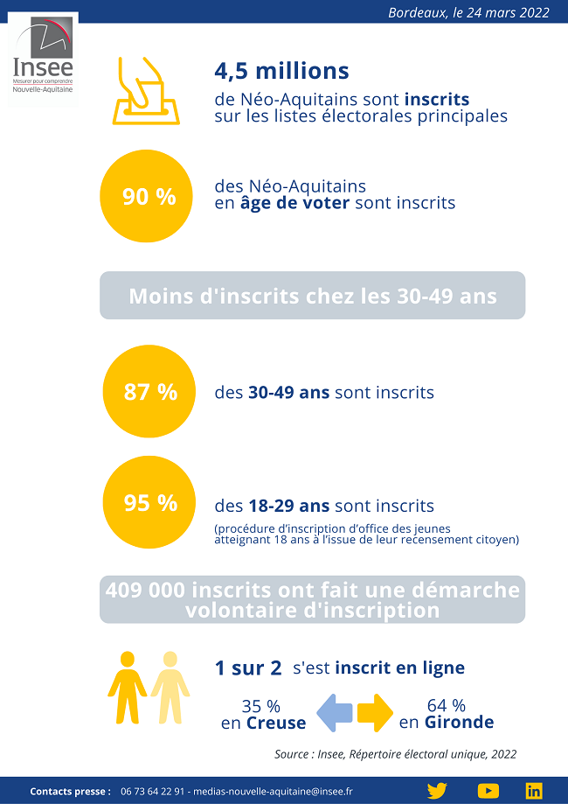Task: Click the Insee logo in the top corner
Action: point(43,58)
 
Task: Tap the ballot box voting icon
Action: point(146,91)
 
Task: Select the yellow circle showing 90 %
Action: point(149,197)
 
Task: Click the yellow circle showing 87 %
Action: point(151,392)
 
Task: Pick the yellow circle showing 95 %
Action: point(151,503)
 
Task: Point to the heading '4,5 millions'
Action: point(281,71)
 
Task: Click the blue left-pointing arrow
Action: point(334,712)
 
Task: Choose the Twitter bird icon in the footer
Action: point(437,791)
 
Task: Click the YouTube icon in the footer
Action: point(488,791)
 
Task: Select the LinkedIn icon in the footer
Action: point(534,791)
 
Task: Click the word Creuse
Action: point(276,724)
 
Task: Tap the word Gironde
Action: point(459,723)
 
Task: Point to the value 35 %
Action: point(260,706)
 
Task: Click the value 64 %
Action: point(446,705)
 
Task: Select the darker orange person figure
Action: point(128,687)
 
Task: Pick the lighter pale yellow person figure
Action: point(170,687)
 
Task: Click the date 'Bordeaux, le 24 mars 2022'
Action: point(468,12)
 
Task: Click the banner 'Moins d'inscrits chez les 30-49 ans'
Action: point(312,296)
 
